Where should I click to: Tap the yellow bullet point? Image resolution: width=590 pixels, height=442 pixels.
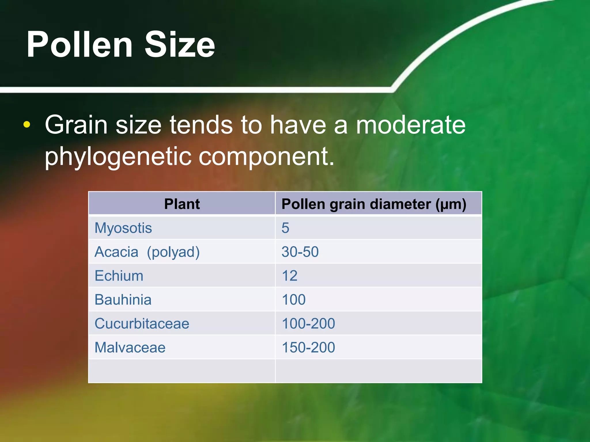click(x=27, y=125)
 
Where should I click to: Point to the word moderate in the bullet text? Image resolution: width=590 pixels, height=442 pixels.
click(x=411, y=125)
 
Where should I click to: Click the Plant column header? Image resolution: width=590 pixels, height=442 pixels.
click(x=182, y=204)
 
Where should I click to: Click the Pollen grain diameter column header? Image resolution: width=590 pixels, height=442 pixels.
click(x=374, y=204)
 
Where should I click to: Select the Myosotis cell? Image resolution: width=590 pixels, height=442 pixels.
click(x=123, y=228)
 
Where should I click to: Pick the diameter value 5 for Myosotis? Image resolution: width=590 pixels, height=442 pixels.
click(x=285, y=228)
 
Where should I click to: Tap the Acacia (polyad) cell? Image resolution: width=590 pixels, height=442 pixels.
click(x=147, y=252)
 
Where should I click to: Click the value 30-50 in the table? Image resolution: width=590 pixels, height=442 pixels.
click(x=300, y=252)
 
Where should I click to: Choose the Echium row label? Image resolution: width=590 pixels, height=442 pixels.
click(x=119, y=276)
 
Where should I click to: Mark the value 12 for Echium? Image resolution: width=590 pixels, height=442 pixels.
click(x=290, y=276)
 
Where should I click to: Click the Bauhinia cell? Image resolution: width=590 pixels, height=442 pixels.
click(x=123, y=300)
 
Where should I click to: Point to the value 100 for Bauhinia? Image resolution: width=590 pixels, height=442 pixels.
click(x=294, y=300)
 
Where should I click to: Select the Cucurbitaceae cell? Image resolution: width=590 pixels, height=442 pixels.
click(x=142, y=323)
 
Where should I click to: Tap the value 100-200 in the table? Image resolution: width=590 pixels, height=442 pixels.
click(x=308, y=323)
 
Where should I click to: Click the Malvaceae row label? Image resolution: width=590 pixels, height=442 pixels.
click(x=130, y=347)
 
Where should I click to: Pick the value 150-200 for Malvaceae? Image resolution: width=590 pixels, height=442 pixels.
click(x=308, y=347)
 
